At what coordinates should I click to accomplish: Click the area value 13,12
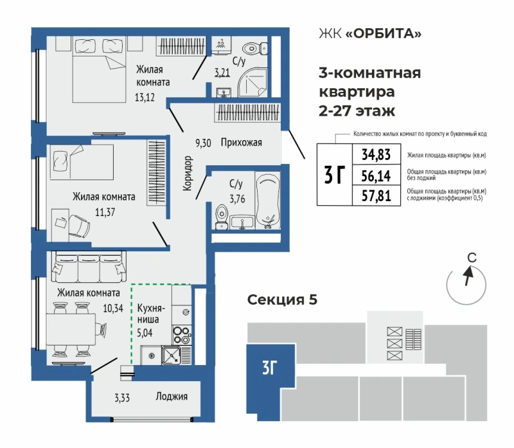[145, 98]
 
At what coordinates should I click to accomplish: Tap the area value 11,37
[105, 212]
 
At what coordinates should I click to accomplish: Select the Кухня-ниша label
[150, 314]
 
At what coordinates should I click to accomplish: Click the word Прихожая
[242, 142]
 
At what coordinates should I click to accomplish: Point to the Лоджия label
[172, 397]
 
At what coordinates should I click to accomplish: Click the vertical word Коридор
[187, 173]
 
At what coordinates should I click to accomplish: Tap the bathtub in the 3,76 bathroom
[268, 200]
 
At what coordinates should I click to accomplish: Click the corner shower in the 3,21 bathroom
[253, 82]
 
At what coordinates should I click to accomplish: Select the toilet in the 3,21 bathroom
[254, 49]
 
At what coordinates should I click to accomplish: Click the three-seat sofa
[89, 267]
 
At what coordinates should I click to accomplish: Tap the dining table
[71, 329]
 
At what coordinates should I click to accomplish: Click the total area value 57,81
[377, 196]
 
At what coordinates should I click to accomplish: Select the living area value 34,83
[377, 154]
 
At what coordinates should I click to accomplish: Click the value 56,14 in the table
[377, 176]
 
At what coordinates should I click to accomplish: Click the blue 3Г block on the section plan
[270, 382]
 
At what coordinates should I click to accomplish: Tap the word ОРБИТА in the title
[384, 33]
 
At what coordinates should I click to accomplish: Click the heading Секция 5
[282, 300]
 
